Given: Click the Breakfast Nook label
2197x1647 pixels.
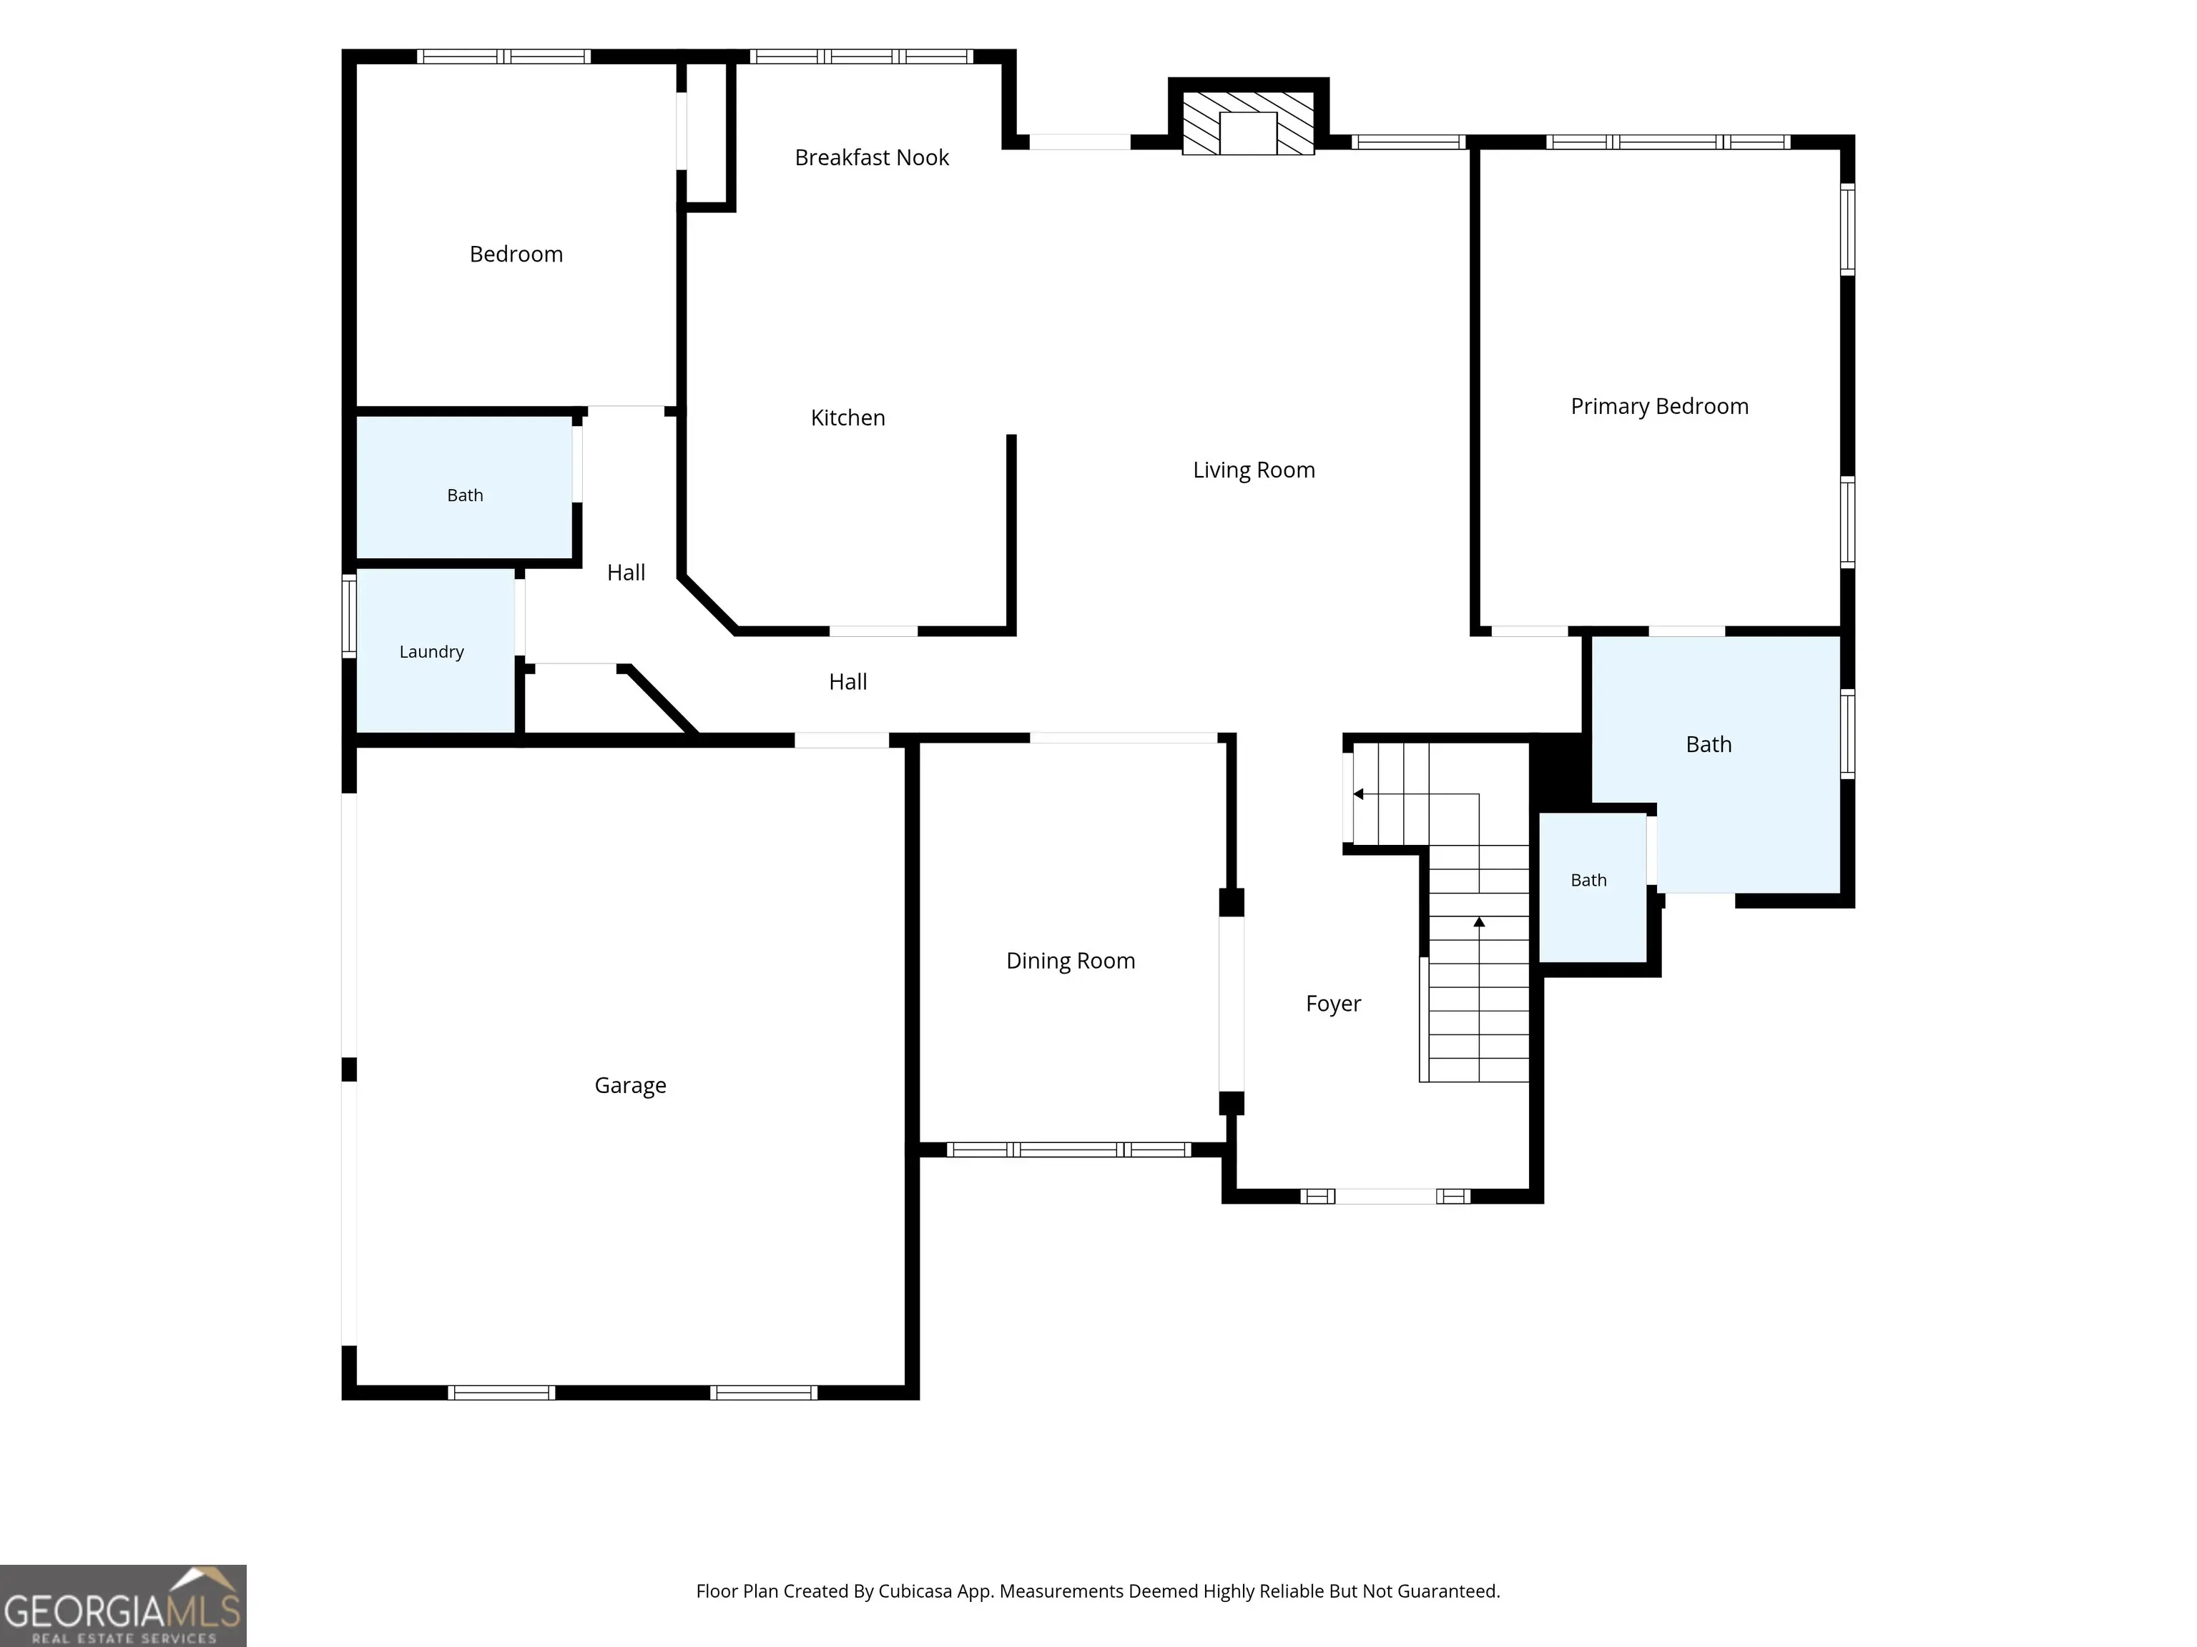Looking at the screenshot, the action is (x=871, y=157).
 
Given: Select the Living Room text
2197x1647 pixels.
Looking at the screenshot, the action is (x=1254, y=470).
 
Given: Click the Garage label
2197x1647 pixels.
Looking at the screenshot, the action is (x=629, y=1085).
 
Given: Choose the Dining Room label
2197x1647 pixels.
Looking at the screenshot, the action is (x=1070, y=960).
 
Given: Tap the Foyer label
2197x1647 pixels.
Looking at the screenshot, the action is (x=1333, y=1004).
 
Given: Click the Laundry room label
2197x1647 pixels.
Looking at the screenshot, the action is (x=431, y=651).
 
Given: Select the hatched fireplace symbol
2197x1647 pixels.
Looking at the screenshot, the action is (x=1247, y=123).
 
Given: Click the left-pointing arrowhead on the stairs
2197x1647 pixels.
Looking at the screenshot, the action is (x=1357, y=794).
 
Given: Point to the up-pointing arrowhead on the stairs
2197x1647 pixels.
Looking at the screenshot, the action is (x=1479, y=922).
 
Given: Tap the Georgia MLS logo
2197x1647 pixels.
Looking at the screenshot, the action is (x=123, y=1606).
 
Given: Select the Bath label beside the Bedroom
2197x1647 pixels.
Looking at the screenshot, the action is (x=465, y=495).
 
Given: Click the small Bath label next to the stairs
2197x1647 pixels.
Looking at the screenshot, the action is (x=1588, y=879).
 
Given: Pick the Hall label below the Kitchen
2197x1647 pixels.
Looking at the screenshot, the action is (x=847, y=682).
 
